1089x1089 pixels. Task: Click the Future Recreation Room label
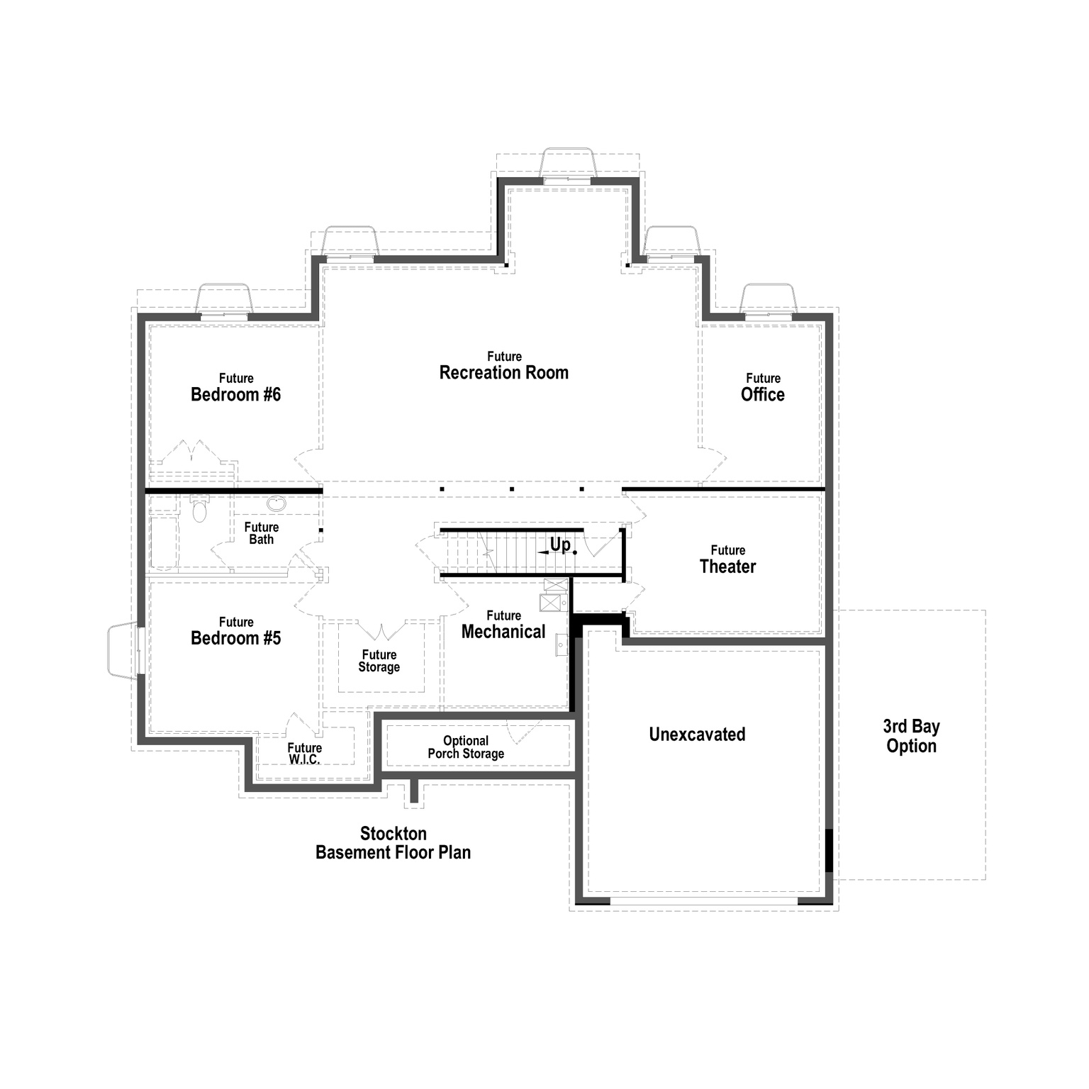click(503, 367)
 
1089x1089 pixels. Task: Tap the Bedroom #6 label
click(235, 389)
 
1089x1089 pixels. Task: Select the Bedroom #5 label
click(235, 632)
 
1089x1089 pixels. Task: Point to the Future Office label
click(762, 388)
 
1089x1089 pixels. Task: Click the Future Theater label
click(727, 560)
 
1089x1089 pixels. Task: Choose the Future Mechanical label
click(503, 625)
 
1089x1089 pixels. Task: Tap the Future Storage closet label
click(379, 661)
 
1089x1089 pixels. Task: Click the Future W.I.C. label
click(305, 753)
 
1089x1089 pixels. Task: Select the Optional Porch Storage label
click(466, 747)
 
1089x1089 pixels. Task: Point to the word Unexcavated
click(697, 735)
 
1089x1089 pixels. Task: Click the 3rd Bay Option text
click(911, 736)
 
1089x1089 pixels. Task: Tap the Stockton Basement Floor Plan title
click(393, 843)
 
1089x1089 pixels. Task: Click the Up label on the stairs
click(560, 544)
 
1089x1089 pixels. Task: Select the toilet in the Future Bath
click(200, 509)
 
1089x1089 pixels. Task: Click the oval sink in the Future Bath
click(277, 504)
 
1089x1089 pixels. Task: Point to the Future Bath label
click(261, 533)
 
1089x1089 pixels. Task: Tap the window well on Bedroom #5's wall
click(122, 650)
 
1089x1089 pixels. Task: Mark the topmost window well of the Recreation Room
click(567, 162)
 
